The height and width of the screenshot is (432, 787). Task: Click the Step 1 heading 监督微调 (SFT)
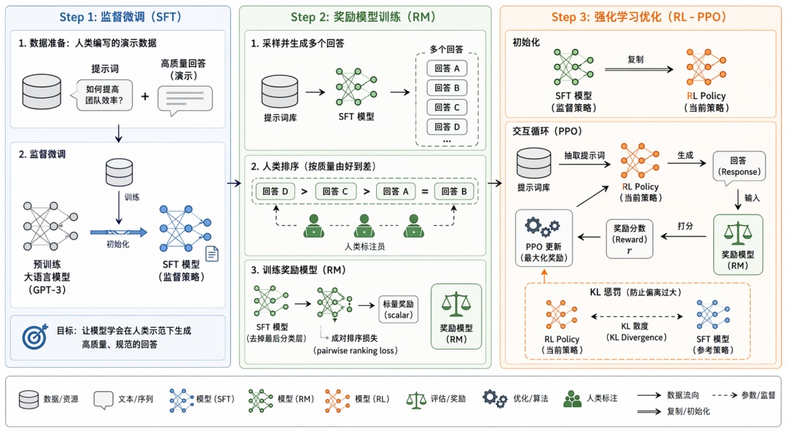[121, 17]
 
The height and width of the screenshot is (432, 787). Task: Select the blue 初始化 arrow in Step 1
[119, 232]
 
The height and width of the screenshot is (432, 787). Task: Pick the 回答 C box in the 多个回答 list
[446, 108]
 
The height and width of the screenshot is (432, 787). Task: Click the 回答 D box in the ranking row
[275, 192]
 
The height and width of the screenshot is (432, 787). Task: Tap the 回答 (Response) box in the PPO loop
[739, 167]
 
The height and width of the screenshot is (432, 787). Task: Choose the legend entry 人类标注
[592, 398]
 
